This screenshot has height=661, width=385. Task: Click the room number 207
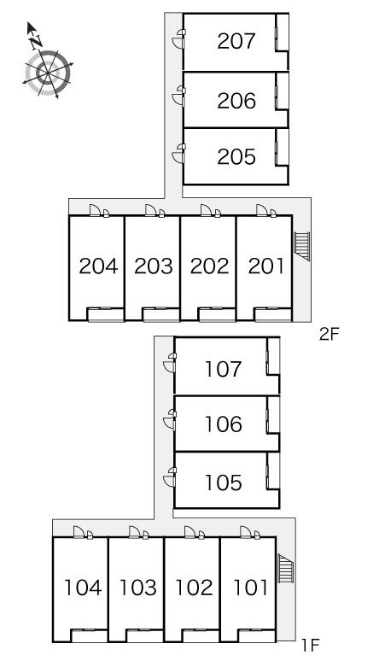(236, 41)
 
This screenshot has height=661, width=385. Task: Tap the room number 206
(236, 101)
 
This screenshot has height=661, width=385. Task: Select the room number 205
(236, 157)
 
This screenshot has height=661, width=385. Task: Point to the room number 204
(98, 266)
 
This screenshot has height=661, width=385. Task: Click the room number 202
(209, 266)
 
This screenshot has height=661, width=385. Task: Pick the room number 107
(224, 369)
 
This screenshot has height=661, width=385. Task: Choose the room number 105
(224, 483)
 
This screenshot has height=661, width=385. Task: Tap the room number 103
(138, 588)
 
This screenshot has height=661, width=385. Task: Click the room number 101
(251, 588)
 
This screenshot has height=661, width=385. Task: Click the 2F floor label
(329, 334)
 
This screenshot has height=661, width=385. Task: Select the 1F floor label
(311, 645)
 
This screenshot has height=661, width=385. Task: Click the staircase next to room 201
(302, 246)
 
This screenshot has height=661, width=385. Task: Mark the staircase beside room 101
(286, 569)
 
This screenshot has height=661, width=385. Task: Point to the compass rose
(48, 73)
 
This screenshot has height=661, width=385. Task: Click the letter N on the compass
(36, 41)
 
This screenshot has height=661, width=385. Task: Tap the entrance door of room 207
(178, 38)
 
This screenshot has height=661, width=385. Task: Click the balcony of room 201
(273, 314)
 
